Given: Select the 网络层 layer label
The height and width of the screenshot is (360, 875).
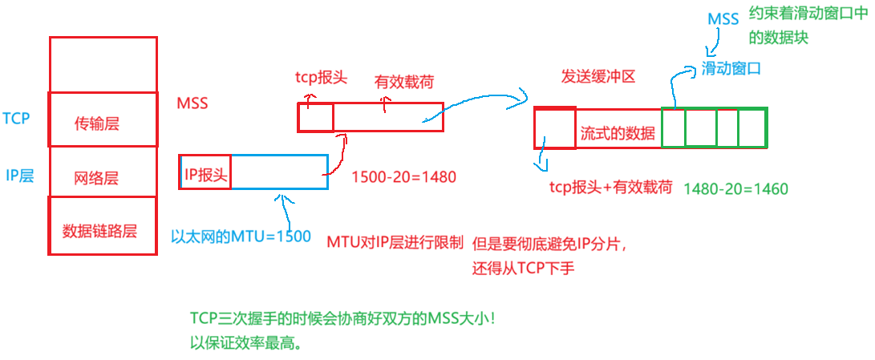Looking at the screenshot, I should coord(96,178).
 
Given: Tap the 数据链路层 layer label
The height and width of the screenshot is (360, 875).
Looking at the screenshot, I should coord(99,231).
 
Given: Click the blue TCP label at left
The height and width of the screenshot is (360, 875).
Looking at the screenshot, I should coord(15,119).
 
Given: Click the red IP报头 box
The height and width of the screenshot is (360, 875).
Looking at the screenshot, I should coord(206,172).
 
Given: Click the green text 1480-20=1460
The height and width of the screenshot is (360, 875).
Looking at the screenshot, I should coord(735,189).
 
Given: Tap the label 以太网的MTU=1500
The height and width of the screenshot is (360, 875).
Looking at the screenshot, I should coord(241,237).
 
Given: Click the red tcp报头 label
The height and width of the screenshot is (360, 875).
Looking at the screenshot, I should coord(321,79).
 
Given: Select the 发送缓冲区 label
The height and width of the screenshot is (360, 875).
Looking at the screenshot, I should coord(598,77).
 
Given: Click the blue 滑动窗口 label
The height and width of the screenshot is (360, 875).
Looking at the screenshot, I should coord(730,69).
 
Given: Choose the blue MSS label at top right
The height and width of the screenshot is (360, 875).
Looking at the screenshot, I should coord(723,18).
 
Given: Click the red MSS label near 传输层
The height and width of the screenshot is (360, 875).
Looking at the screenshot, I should coord(192,104).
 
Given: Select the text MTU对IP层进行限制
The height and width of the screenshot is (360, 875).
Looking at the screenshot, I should coord(395,241).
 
